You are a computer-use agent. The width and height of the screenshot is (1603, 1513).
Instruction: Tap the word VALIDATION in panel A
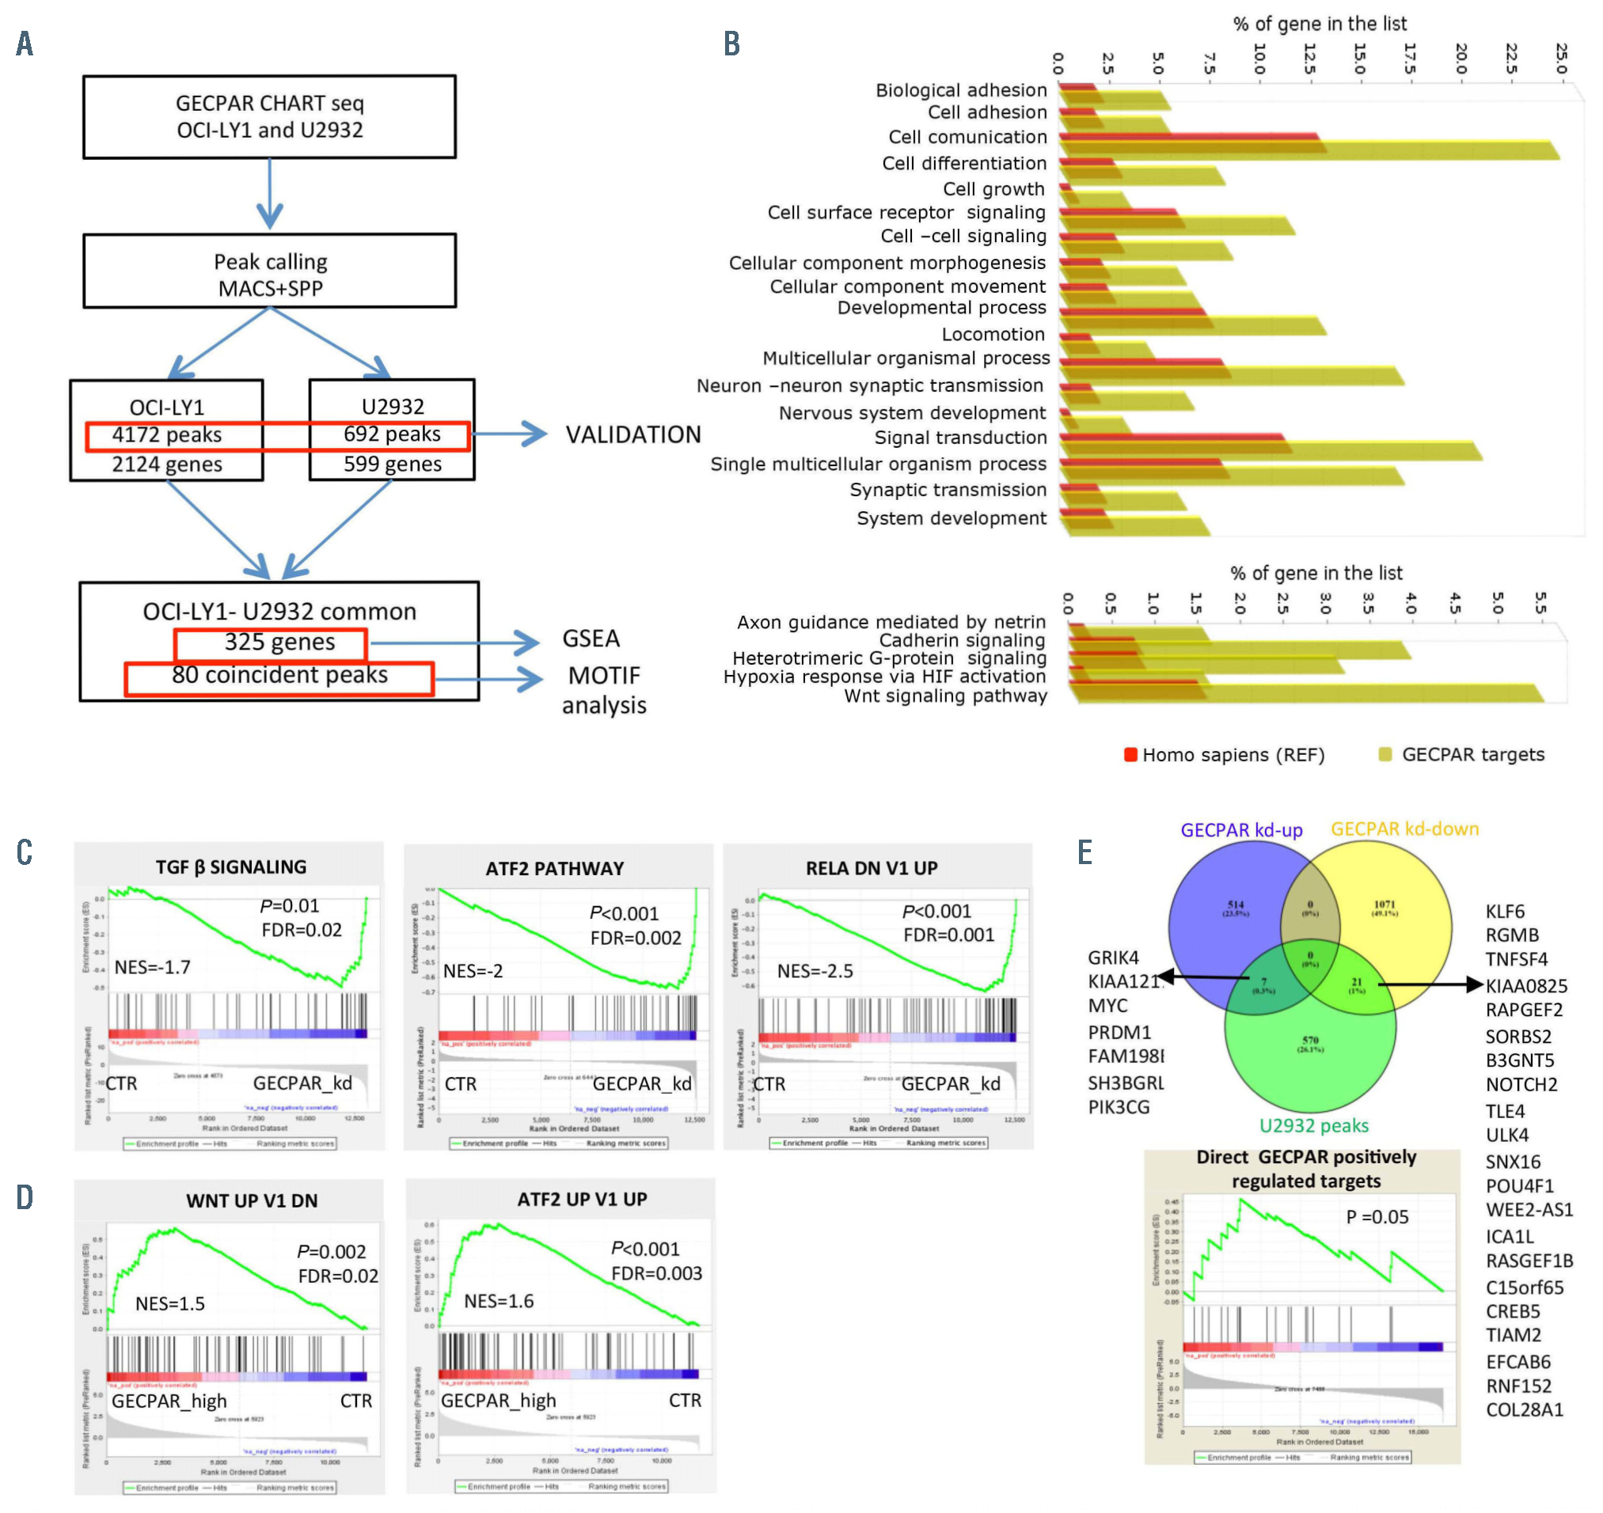coord(633,435)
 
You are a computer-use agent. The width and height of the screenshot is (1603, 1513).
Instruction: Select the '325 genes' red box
coord(271,643)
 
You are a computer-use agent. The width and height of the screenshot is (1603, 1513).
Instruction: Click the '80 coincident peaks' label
coord(279,676)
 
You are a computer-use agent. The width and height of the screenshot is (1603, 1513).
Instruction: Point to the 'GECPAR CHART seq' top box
coord(270,117)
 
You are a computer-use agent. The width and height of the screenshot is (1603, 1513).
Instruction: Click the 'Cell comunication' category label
coord(968,138)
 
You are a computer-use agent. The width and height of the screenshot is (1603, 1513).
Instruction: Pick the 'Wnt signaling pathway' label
coord(946,697)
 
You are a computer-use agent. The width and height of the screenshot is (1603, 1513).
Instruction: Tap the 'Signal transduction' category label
coord(961,438)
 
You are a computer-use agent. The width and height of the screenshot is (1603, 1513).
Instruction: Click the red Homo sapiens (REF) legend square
coord(1131,755)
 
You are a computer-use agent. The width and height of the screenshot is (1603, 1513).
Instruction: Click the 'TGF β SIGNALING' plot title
coord(231,868)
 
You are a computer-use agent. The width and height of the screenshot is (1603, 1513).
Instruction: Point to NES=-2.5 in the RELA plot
coord(815,972)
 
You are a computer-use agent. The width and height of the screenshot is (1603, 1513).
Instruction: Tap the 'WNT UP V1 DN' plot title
coord(252,1202)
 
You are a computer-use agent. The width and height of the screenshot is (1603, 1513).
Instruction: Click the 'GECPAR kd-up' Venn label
coord(1241,831)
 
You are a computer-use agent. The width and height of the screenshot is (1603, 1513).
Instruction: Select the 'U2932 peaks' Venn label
coord(1314,1127)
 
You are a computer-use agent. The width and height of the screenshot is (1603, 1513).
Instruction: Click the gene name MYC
coord(1107,1007)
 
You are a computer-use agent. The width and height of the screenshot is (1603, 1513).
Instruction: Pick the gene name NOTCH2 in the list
coord(1521,1086)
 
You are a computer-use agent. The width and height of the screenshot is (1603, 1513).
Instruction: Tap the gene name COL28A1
coord(1525,1411)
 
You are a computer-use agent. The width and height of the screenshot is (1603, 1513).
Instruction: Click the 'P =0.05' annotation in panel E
coord(1377,1218)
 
